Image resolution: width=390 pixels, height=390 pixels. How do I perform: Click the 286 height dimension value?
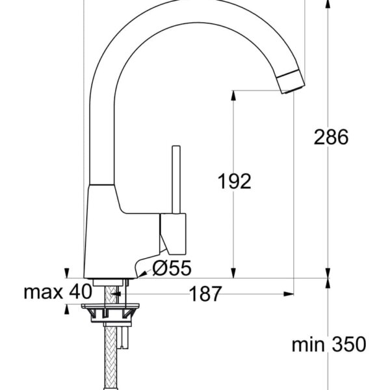[x=331, y=137]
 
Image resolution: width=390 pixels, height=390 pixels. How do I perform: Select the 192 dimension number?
[x=234, y=181]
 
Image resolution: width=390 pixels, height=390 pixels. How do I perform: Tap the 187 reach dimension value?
[x=205, y=294]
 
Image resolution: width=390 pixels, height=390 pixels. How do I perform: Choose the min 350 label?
[x=328, y=344]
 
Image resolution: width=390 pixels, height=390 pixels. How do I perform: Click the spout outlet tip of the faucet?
[x=291, y=84]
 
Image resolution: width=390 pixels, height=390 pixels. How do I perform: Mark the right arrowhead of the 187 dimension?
[x=290, y=294]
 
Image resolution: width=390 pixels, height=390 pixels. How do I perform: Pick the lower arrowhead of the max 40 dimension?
[x=67, y=308]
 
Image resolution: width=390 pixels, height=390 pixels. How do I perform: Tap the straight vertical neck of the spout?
[x=103, y=130]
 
